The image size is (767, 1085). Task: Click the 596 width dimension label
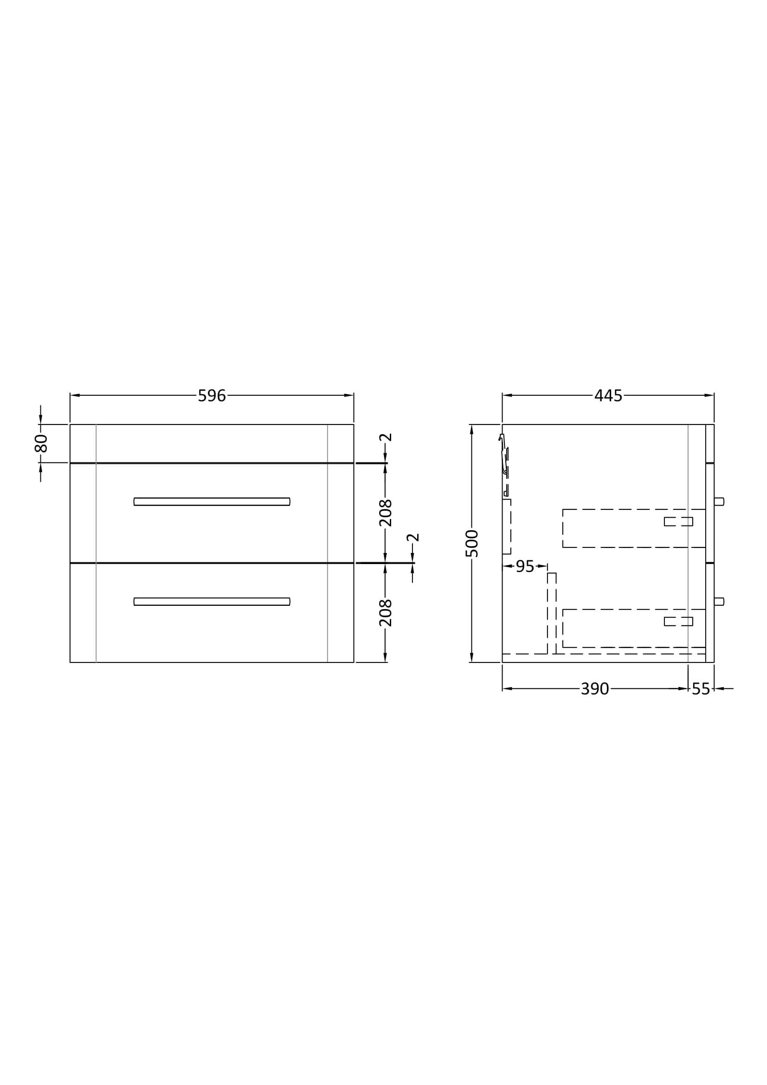click(212, 396)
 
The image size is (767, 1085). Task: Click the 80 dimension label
click(41, 443)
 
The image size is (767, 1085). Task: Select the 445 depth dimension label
click(608, 396)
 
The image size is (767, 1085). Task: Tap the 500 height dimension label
click(472, 544)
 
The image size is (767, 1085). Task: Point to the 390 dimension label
click(594, 689)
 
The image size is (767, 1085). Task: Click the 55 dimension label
click(701, 689)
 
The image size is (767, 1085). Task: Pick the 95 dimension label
click(525, 566)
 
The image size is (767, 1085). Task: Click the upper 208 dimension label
click(386, 513)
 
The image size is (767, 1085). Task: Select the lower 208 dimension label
click(386, 613)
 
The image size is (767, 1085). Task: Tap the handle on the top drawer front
click(212, 501)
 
